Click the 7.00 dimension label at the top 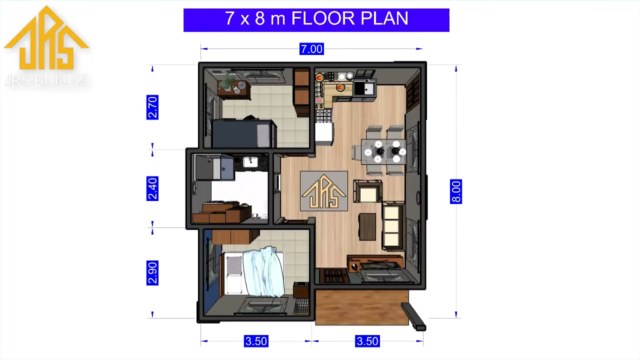coord(311,49)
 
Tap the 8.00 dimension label coord(455,191)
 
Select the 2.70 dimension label coord(152,107)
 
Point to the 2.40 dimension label coord(152,188)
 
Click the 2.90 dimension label coord(152,273)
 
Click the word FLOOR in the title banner coord(323,18)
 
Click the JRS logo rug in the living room coord(323,191)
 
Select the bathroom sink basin coord(250,162)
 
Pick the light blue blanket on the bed coord(263,271)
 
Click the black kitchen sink coord(363,88)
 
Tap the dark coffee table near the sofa coord(367,226)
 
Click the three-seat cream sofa coord(393,225)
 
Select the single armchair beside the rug coord(367,191)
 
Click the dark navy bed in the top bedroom coord(243,133)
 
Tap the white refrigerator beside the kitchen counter coord(324,133)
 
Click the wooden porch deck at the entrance coord(362,307)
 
